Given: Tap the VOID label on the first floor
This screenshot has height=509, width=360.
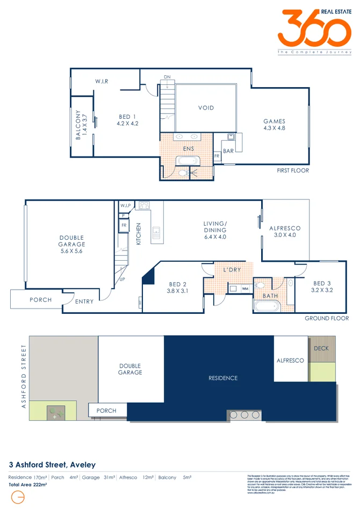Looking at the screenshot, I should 206,108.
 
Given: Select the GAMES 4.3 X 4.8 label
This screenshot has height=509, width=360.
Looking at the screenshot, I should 274,125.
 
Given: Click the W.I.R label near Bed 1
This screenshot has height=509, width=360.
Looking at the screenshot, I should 102,81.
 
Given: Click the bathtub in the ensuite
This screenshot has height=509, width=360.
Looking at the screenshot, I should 188,161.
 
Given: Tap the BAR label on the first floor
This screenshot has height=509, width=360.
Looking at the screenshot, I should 228,151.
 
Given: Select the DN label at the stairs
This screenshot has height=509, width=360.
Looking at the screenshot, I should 167,77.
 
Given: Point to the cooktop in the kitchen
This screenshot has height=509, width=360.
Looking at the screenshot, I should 145,205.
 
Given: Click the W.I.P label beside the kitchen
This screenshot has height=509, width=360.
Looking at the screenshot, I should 126,206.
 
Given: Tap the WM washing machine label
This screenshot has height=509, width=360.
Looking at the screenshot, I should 245,289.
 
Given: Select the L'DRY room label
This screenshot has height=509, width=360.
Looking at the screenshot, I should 232,269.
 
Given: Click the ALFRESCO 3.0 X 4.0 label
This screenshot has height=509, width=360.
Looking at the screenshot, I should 285,232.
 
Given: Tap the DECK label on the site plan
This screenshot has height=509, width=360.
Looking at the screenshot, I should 321,348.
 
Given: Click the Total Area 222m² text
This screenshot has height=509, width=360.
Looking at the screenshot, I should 27,484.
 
